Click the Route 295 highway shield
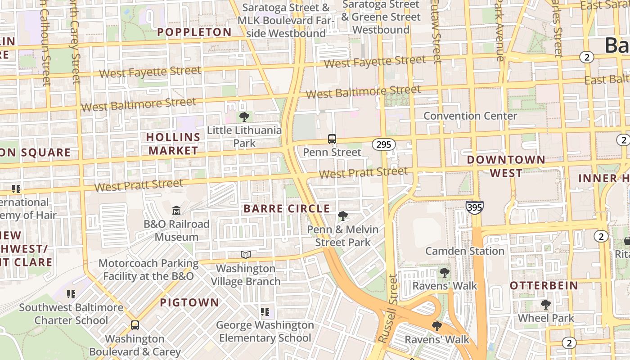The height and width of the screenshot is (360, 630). (x=383, y=144)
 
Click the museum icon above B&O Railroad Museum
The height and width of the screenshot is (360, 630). (x=176, y=210)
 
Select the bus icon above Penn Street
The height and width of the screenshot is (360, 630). (x=332, y=139)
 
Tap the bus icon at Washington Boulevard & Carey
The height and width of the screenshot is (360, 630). (x=135, y=325)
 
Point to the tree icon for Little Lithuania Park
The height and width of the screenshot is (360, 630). (x=244, y=117)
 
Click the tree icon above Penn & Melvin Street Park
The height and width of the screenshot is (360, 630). (x=342, y=216)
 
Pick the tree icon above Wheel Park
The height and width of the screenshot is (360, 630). (x=546, y=305)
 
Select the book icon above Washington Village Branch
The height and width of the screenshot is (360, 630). (x=245, y=255)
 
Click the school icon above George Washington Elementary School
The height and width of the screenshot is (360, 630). (x=265, y=311)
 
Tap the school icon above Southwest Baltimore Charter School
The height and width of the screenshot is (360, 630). (x=71, y=294)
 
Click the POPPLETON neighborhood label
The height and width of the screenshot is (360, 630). (x=194, y=32)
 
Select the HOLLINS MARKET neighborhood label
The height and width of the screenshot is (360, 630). (x=173, y=144)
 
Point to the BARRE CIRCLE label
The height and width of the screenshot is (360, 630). (x=287, y=209)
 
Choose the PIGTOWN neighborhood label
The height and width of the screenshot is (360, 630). (x=189, y=302)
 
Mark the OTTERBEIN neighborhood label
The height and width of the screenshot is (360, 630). (x=544, y=285)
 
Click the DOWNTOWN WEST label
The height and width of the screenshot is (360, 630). (x=506, y=166)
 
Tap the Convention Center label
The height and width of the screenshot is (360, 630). (x=470, y=116)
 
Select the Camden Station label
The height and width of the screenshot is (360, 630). (x=465, y=251)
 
